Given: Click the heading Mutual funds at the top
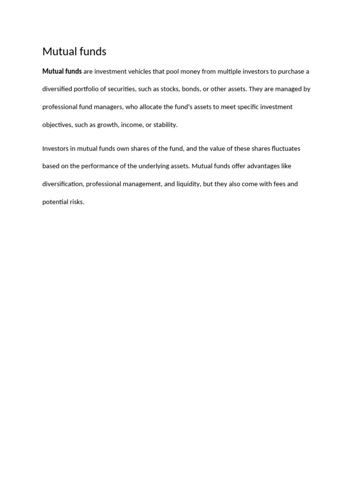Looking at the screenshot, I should coord(74,52).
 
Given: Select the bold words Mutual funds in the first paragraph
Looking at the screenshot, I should coord(62,71).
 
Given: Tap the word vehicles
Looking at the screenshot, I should coord(138,71).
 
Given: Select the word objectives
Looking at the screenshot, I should coord(57,125).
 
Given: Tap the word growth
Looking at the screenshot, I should coord(108,125).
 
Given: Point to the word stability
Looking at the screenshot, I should coord(165,125).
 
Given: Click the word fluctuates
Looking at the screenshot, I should coord(286,149).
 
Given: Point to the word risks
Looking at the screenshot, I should coord(76,202).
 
